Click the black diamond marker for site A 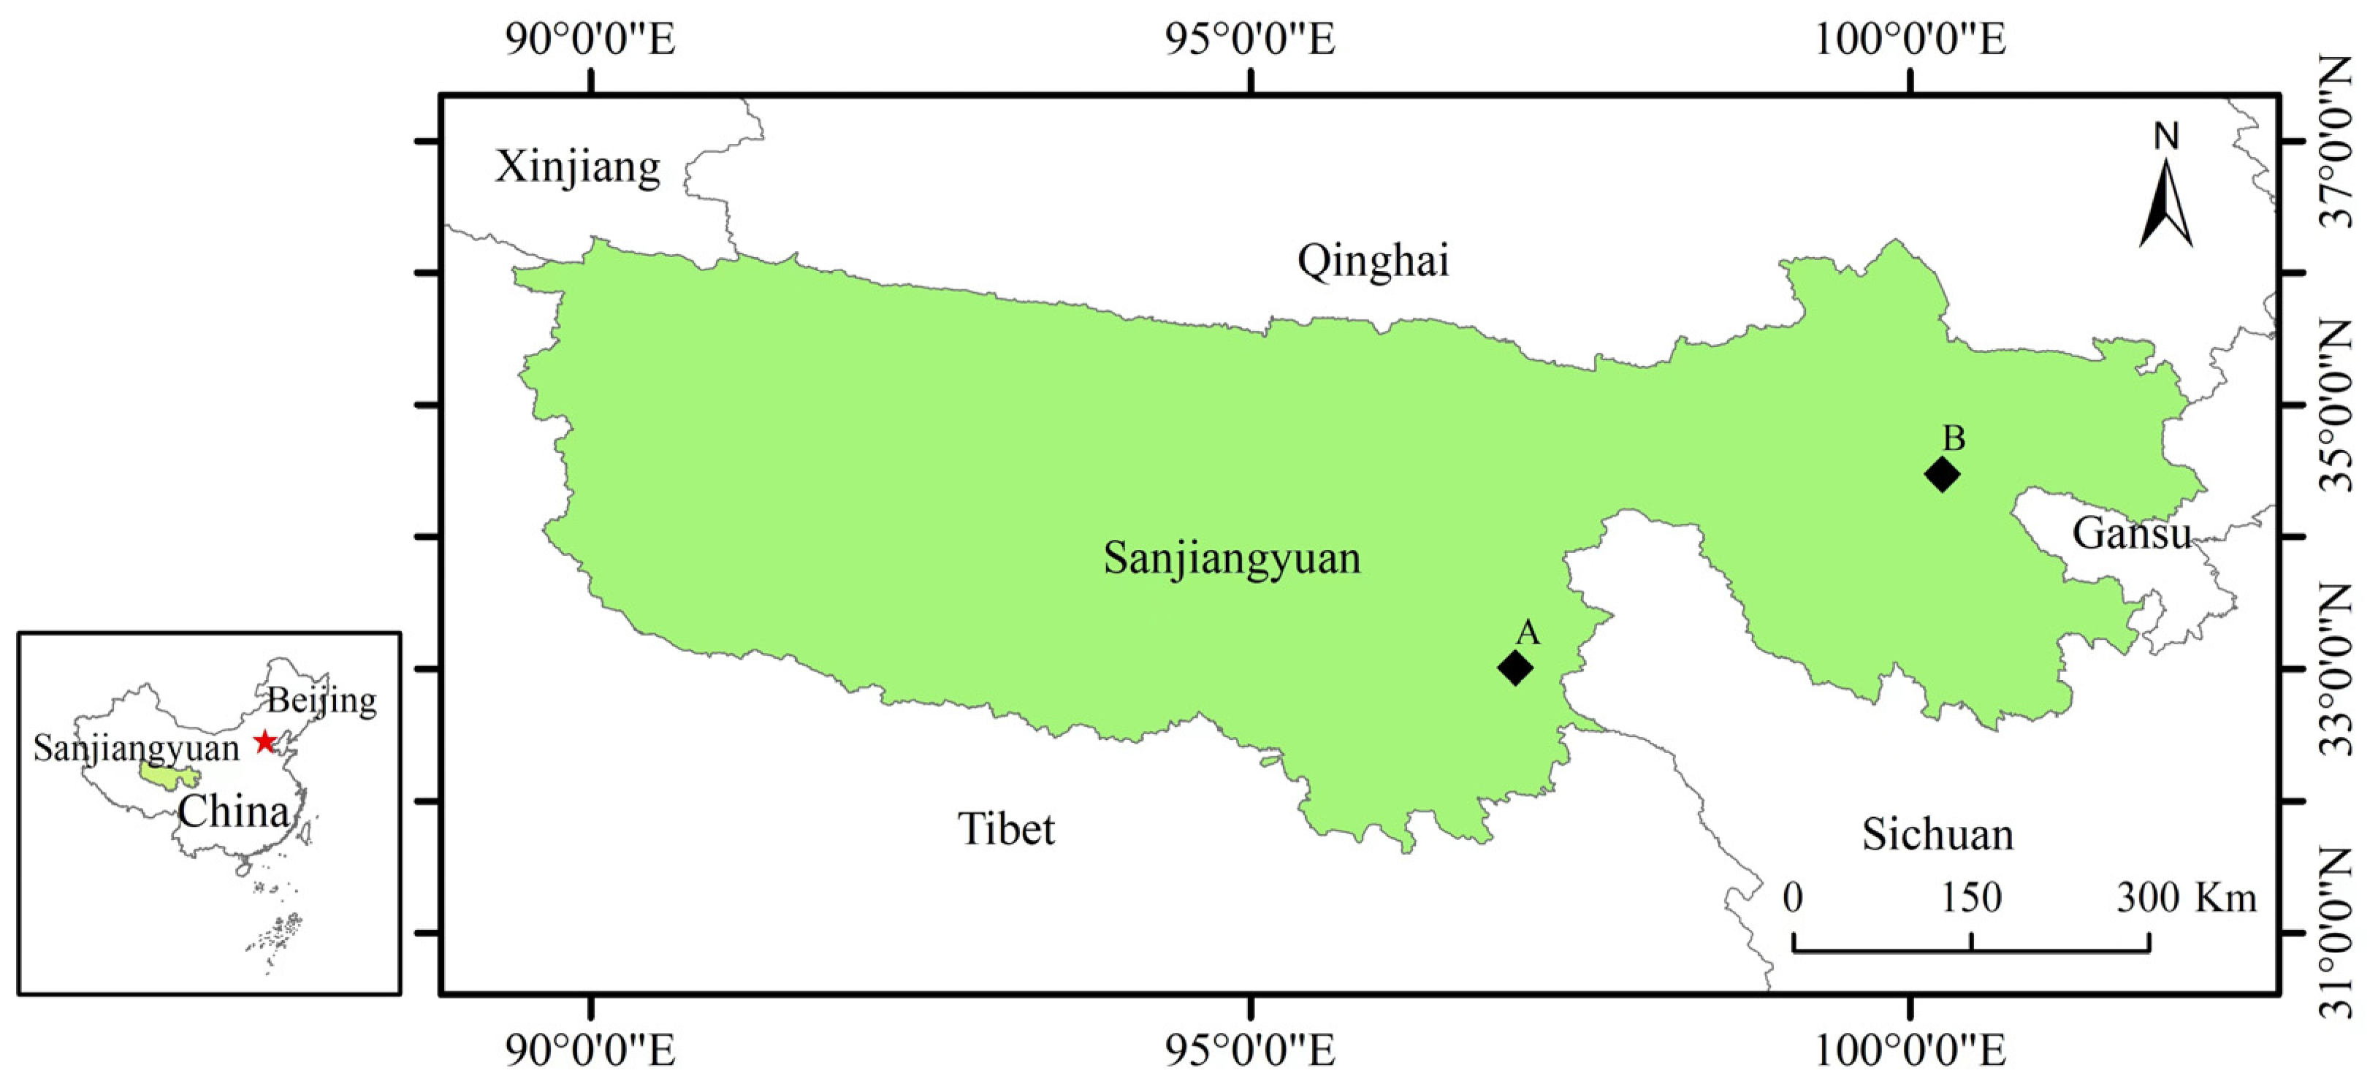pos(1514,667)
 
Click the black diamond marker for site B pos(1941,475)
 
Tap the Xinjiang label pos(578,167)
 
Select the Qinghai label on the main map pos(1373,261)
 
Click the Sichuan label pos(1937,833)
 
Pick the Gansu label pos(2131,533)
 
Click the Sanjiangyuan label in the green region pos(1231,557)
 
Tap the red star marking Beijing pos(265,741)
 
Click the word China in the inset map pos(234,812)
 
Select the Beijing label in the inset pos(321,701)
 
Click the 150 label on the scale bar pos(1970,897)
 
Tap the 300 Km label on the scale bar pos(2186,897)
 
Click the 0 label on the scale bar pos(1792,897)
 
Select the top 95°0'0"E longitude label pos(1249,40)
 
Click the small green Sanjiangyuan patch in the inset pos(166,776)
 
